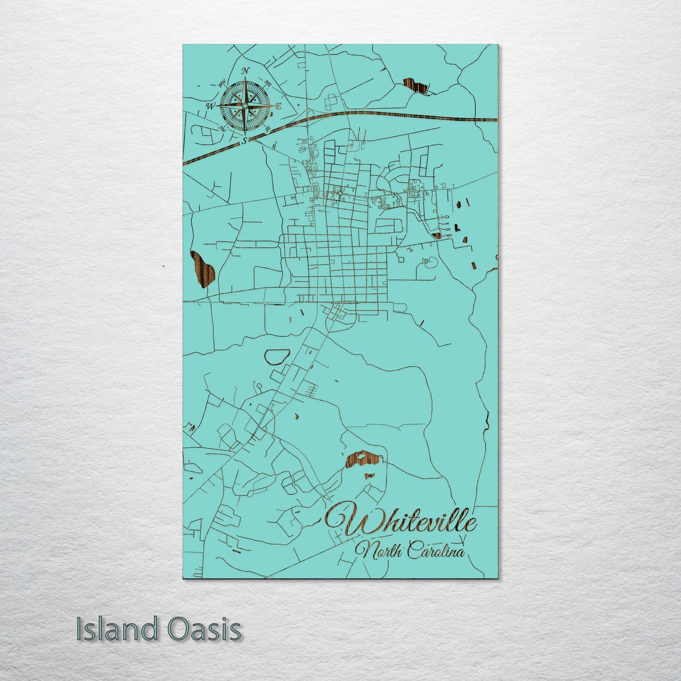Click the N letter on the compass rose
coord(245,71)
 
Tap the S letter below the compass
coord(244,140)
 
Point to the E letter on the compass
coord(278,106)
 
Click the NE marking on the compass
coord(268,84)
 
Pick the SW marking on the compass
coord(222,128)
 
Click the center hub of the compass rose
coord(245,106)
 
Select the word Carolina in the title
coord(436,551)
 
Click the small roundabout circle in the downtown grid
coord(340,193)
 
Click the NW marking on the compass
coord(222,85)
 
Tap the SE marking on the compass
coord(267,129)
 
